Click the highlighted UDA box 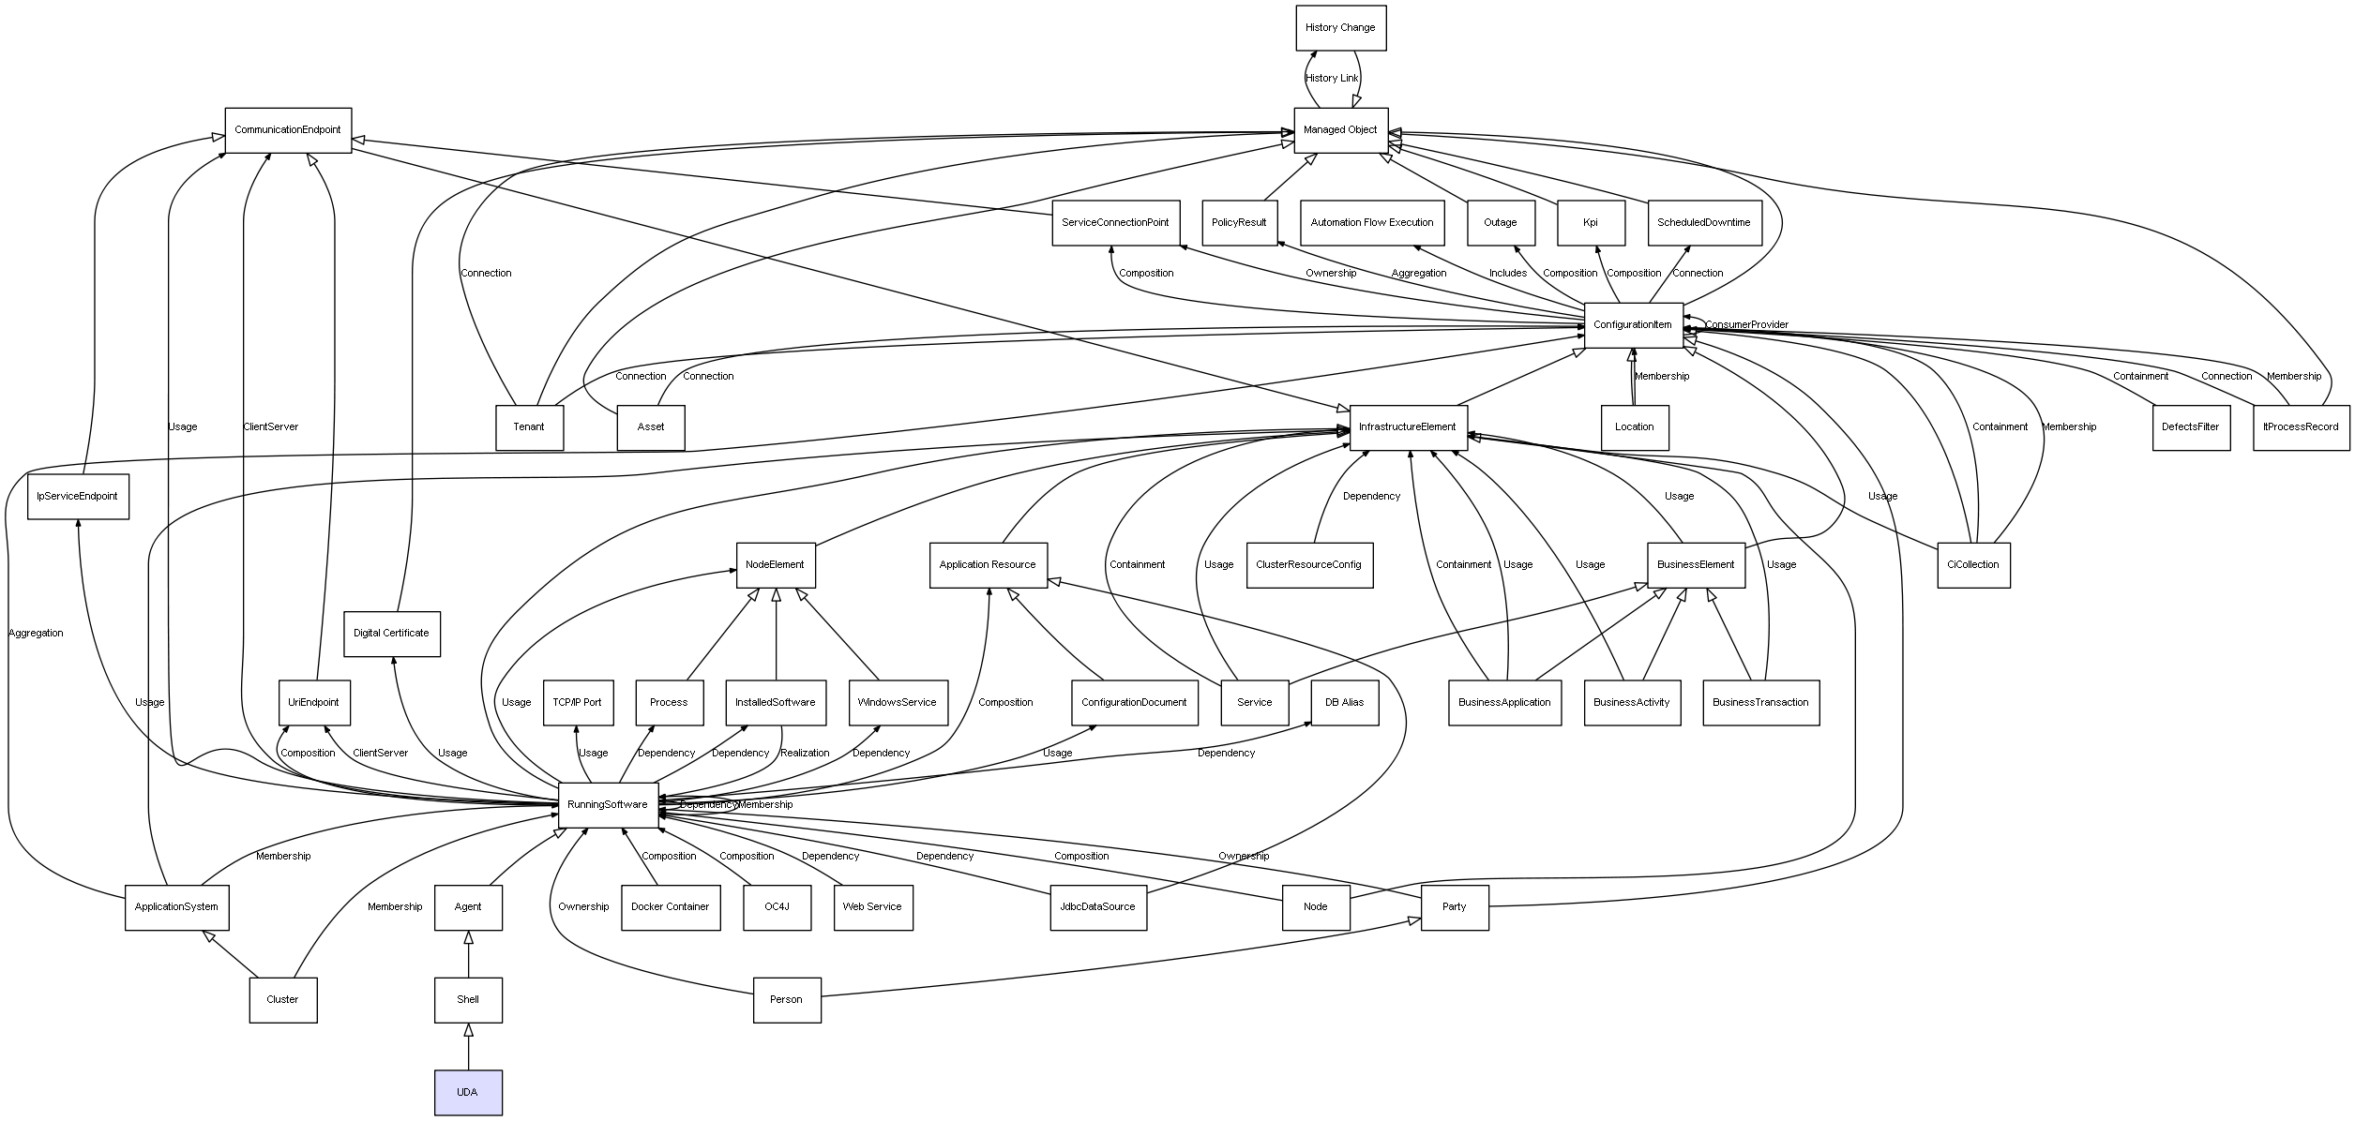468,1092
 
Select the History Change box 1340,28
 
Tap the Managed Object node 1340,130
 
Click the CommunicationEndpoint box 288,130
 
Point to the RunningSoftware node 608,805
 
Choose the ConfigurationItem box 1633,325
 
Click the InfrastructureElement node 1408,427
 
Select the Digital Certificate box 391,634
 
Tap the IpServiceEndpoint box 78,497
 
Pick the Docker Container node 671,907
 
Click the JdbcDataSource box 1097,907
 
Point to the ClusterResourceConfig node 1309,565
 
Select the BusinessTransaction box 1760,703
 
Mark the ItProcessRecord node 2301,427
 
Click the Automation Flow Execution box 1372,223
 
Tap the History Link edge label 1332,79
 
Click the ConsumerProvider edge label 1746,325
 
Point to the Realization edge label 805,754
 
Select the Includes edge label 1508,274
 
